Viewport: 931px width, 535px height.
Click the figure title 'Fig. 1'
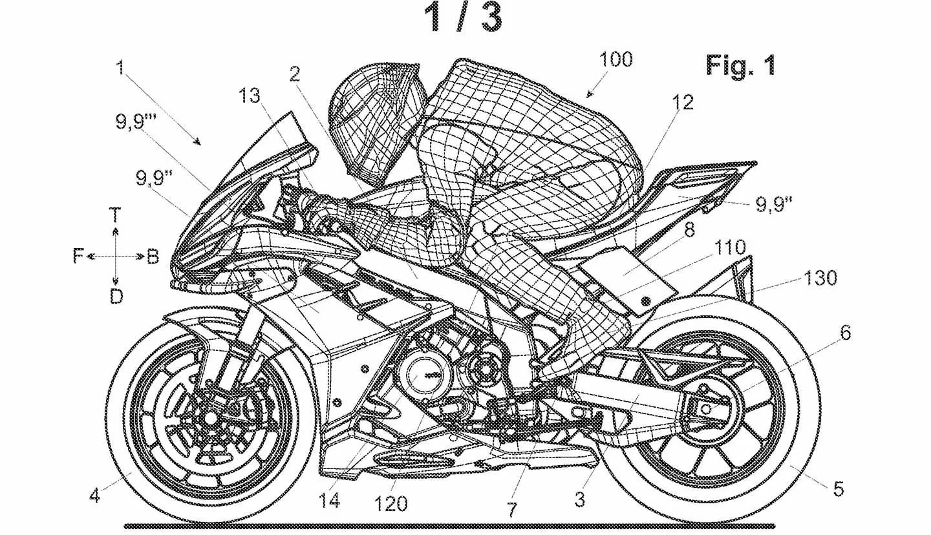[740, 65]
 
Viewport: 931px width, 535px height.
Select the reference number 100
[615, 59]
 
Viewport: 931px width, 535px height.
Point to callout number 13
[249, 95]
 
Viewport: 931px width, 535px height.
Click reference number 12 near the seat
[681, 102]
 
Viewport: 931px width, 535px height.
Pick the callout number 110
[730, 247]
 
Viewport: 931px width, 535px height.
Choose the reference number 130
[820, 278]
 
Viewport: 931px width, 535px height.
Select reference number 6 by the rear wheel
[846, 333]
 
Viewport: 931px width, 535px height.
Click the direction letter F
[78, 257]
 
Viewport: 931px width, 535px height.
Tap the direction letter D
[115, 297]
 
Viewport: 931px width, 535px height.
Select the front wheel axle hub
[210, 417]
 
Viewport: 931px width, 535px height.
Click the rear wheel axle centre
[706, 408]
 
